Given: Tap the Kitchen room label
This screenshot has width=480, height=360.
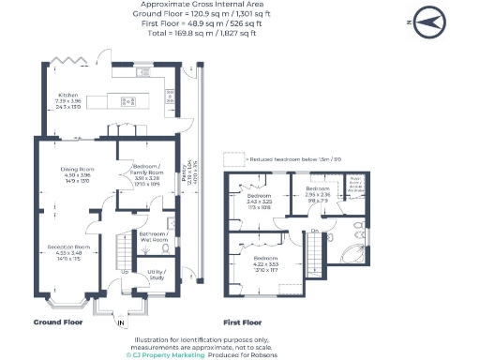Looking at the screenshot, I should tap(69, 97).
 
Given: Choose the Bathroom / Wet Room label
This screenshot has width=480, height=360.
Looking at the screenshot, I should tap(153, 236).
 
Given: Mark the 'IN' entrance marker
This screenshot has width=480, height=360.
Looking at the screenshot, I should tap(120, 324).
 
